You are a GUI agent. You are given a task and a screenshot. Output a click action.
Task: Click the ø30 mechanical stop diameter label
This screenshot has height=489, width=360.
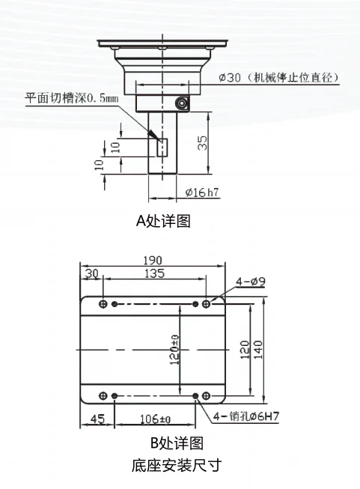[x=278, y=77]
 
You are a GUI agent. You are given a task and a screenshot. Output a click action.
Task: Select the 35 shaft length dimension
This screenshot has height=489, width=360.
[x=202, y=143]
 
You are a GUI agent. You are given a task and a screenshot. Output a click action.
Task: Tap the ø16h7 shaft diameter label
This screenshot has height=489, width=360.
[x=202, y=192]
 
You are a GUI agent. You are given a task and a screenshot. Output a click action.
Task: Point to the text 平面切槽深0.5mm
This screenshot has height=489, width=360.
[x=72, y=98]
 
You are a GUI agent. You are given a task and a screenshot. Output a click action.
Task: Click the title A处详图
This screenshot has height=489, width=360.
[x=163, y=221]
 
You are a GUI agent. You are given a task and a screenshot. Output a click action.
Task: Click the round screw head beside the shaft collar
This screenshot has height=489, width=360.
[x=181, y=103]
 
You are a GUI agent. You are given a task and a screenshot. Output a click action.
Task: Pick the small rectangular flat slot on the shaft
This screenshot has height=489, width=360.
[x=162, y=148]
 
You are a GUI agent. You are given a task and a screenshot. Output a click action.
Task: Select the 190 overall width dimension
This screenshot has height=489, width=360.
[x=153, y=260]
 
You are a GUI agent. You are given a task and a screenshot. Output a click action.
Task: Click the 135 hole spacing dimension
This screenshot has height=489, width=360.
[x=154, y=273]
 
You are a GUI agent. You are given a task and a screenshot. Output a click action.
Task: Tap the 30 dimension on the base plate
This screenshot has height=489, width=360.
[x=91, y=273]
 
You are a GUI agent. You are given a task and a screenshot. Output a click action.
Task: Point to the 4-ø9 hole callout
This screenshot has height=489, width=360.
[x=251, y=282]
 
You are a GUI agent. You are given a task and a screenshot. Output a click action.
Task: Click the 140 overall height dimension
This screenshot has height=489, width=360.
[x=258, y=350]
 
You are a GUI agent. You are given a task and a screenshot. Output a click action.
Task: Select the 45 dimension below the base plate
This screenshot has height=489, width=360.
[x=97, y=419]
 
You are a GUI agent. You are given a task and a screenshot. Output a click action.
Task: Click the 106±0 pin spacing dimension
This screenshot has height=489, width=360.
[x=155, y=419]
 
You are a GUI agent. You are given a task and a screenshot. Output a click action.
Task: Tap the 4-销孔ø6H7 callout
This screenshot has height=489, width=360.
[x=246, y=416]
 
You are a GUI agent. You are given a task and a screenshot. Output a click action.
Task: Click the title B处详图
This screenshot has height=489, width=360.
[x=177, y=443]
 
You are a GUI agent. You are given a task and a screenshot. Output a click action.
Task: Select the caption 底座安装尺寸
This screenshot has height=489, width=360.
[x=177, y=465]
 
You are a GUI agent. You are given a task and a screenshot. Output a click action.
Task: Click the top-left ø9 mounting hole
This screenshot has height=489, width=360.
[x=103, y=304]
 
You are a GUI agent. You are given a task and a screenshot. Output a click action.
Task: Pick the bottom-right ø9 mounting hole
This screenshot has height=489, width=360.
[x=206, y=395]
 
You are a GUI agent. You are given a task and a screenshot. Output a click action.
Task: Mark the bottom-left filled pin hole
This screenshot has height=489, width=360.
[x=115, y=396]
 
